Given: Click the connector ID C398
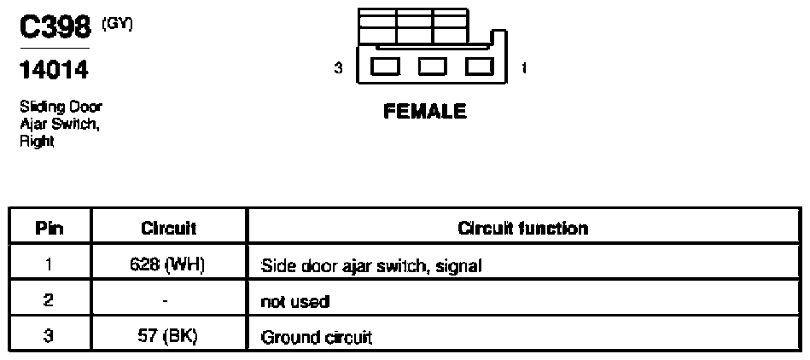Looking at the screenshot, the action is (55, 27).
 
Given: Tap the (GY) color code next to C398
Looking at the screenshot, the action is (117, 24).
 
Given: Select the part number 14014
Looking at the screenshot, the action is (54, 70).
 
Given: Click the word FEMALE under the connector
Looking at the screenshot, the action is (424, 112).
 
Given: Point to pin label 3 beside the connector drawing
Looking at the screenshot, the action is (338, 68).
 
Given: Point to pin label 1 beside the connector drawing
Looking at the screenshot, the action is (524, 67).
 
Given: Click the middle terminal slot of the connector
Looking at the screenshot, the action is (433, 67).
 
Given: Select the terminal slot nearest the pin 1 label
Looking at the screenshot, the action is (480, 67).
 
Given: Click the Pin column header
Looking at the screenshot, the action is (50, 229).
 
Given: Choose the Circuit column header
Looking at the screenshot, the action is (169, 229).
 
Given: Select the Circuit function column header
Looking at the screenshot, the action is (522, 229).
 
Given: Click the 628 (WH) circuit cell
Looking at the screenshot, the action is (169, 265).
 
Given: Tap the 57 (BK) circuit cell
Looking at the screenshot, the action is (169, 337).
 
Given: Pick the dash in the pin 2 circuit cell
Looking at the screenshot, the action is (165, 300).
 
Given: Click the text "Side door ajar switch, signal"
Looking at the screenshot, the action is (371, 266).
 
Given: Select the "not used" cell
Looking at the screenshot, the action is (295, 302).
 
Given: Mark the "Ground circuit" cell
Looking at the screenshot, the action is (316, 338).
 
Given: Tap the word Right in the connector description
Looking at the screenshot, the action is (38, 141).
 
